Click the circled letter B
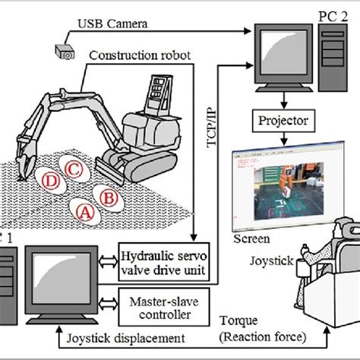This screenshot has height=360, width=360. coord(109,198)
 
